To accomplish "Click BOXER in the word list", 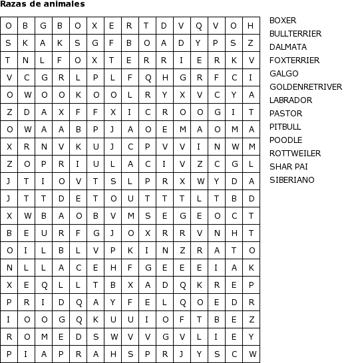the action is pyautogui.click(x=283, y=21).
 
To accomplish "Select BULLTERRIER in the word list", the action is pyautogui.click(x=295, y=34).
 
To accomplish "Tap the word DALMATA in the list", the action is pyautogui.click(x=288, y=47).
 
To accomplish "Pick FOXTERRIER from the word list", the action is pyautogui.click(x=294, y=60).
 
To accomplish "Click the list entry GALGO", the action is pyautogui.click(x=284, y=74).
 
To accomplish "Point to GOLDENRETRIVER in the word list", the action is pyautogui.click(x=305, y=87).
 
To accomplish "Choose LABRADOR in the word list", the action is pyautogui.click(x=291, y=100).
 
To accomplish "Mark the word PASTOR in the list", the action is pyautogui.click(x=286, y=114).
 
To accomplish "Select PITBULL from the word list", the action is pyautogui.click(x=285, y=127).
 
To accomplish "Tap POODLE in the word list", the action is pyautogui.click(x=286, y=140).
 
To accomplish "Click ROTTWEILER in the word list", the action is pyautogui.click(x=295, y=154).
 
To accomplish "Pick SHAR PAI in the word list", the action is pyautogui.click(x=289, y=167).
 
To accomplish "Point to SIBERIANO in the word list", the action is pyautogui.click(x=292, y=180).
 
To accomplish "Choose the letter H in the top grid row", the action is pyautogui.click(x=251, y=26).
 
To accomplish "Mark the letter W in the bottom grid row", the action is pyautogui.click(x=251, y=354).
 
